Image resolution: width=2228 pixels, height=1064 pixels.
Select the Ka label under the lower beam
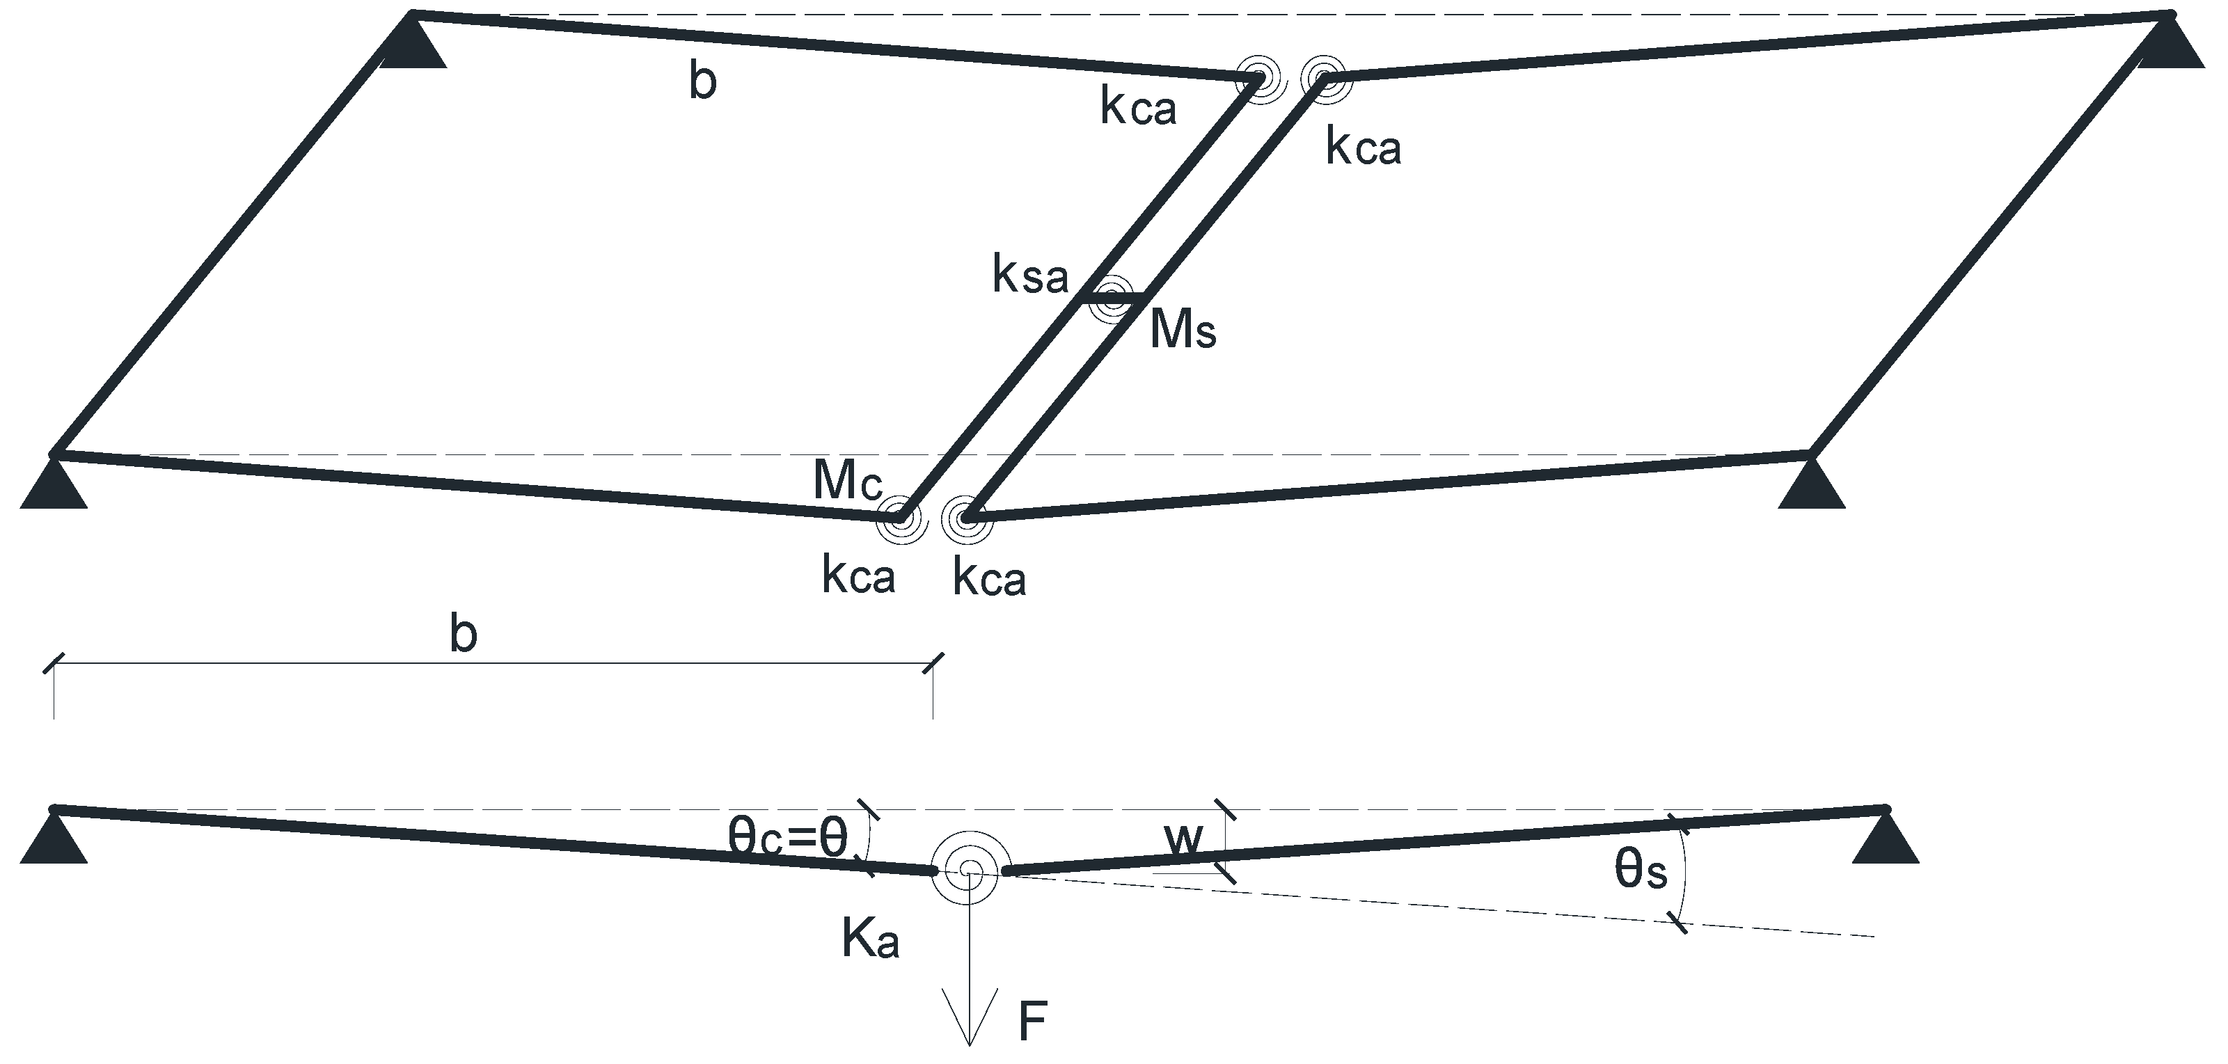pos(870,939)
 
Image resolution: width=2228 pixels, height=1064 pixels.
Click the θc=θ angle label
pos(787,836)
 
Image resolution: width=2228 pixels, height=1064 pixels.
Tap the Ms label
pos(1183,331)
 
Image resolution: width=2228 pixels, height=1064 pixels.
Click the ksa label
pos(1030,277)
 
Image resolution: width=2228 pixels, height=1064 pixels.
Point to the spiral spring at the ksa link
pos(1111,299)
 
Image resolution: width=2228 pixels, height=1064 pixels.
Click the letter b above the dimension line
pos(464,635)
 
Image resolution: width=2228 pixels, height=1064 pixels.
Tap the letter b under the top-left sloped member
pos(702,83)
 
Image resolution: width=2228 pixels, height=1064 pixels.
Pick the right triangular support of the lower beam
pos(1886,840)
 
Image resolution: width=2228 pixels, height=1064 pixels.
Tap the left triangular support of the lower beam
pos(54,840)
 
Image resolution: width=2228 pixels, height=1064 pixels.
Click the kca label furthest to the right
pos(1363,149)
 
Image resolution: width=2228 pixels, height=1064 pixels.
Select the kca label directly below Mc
pos(858,577)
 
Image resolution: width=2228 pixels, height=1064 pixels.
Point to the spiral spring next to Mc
pos(901,519)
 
